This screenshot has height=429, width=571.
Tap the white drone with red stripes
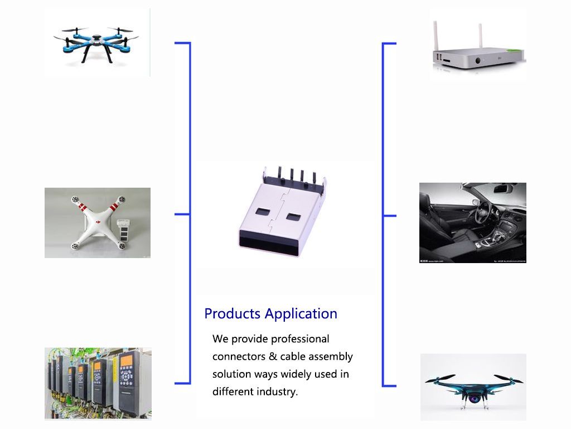(x=98, y=223)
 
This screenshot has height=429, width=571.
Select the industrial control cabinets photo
(x=98, y=383)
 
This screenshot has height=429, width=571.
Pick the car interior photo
(x=473, y=223)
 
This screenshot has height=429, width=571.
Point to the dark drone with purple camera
(x=473, y=387)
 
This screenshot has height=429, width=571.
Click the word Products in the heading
(x=232, y=314)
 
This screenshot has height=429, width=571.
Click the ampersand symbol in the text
(x=272, y=356)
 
